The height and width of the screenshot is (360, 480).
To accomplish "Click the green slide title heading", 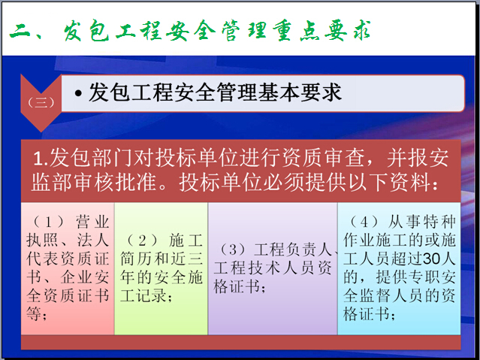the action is click(x=190, y=31).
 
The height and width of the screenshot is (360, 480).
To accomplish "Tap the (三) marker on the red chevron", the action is click(x=41, y=102).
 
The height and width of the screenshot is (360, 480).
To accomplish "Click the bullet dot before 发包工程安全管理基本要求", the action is click(x=78, y=93).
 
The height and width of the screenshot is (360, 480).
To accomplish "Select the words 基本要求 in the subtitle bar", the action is click(x=300, y=92).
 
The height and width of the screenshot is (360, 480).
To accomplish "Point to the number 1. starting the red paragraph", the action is click(x=41, y=159).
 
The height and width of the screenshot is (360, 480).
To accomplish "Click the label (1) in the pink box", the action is click(x=48, y=222).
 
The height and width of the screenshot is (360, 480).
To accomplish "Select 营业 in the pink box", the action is click(x=92, y=222).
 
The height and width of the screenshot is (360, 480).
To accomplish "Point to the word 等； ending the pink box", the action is click(x=36, y=313).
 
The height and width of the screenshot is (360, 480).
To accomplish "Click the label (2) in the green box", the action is click(x=142, y=241).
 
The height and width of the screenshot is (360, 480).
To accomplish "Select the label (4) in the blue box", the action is click(x=364, y=222).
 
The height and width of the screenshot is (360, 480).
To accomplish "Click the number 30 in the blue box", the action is click(x=432, y=259).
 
